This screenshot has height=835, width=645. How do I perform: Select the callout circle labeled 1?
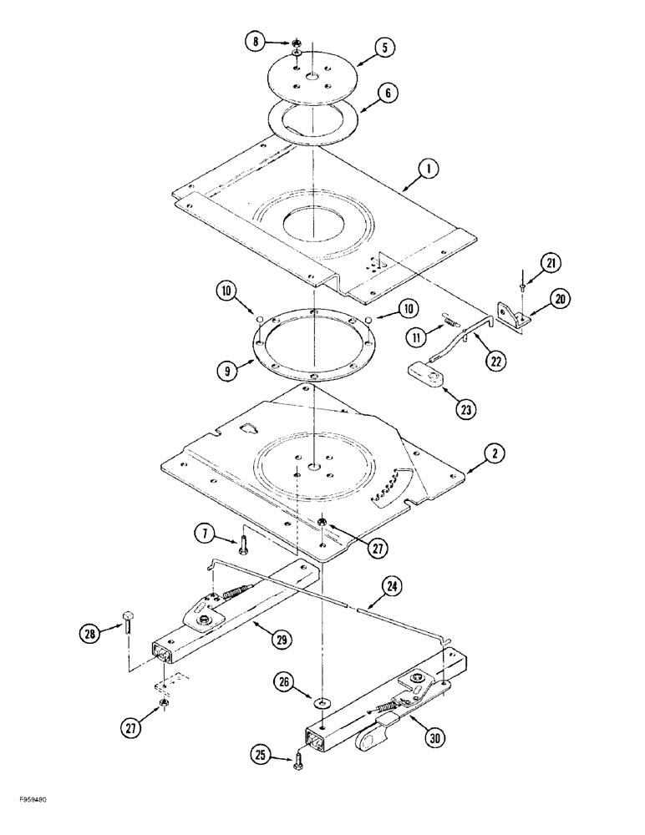pyautogui.click(x=429, y=172)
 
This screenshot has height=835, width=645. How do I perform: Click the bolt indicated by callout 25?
pyautogui.click(x=298, y=760)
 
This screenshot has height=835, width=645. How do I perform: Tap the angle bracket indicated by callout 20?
pyautogui.click(x=512, y=316)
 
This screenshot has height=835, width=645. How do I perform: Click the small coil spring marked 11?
pyautogui.click(x=449, y=321)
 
